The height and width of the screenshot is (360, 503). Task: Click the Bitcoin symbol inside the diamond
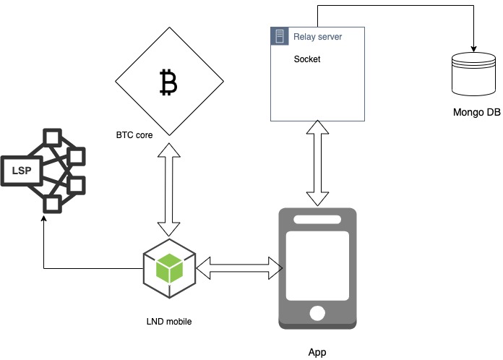point(168,83)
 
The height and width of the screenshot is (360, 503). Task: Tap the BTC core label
point(134,135)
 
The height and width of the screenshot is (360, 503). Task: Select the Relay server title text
point(317,36)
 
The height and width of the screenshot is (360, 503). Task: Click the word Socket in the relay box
point(307,59)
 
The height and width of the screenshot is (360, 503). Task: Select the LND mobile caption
point(168,320)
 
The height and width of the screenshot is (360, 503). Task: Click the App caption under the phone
point(317,352)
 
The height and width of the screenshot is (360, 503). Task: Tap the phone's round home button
point(317,312)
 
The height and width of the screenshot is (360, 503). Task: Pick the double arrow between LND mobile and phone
point(238,267)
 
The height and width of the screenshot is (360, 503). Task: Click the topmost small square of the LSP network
point(52,137)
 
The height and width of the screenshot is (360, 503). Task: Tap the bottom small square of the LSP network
point(52,204)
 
